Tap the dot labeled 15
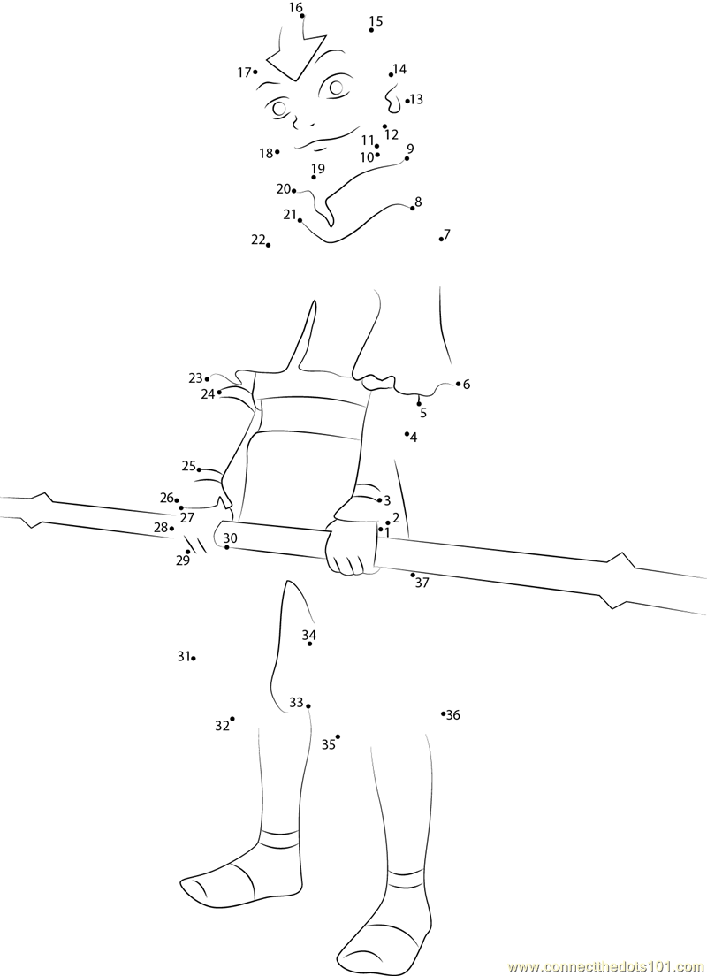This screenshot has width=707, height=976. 371,30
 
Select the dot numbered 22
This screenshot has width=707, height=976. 268,245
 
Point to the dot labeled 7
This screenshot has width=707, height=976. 441,239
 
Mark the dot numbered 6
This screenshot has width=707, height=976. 458,384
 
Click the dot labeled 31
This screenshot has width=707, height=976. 194,658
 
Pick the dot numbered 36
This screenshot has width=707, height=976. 444,713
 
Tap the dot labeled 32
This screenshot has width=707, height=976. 232,719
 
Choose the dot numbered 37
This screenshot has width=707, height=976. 413,575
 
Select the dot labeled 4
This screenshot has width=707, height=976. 407,433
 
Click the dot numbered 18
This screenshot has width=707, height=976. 277,152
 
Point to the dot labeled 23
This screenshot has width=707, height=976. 207,379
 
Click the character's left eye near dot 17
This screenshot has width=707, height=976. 279,108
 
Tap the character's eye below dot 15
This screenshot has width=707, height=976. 337,87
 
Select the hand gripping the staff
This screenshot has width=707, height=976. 353,544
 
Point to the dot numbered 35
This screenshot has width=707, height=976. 338,736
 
